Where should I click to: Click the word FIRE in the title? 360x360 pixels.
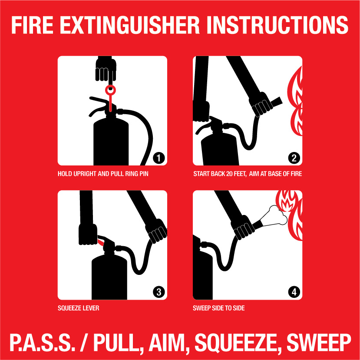(32, 26)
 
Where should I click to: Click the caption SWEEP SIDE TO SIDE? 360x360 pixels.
(219, 308)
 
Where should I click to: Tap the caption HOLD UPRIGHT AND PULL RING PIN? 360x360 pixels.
(106, 174)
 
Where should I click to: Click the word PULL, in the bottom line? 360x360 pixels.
(113, 343)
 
